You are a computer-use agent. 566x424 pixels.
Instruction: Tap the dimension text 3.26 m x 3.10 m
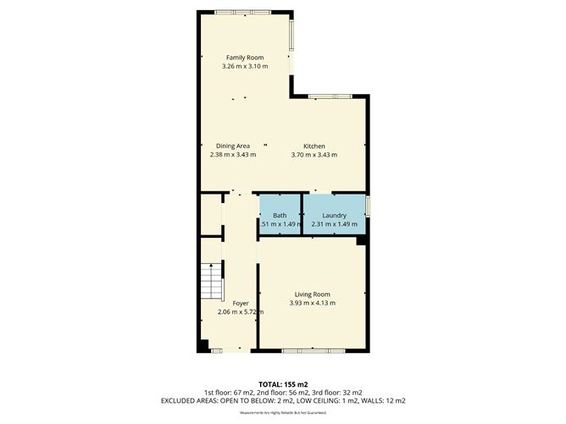click(x=244, y=66)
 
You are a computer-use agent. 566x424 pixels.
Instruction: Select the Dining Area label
click(x=232, y=146)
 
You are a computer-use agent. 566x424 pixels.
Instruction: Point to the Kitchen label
click(x=314, y=146)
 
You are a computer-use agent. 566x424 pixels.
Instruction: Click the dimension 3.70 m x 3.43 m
click(x=314, y=155)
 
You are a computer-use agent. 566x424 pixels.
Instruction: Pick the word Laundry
click(x=334, y=216)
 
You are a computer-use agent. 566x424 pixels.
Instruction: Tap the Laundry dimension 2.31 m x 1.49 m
click(x=334, y=224)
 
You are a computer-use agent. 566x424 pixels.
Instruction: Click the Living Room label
click(x=313, y=294)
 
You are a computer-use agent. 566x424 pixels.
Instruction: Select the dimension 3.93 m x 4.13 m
click(x=313, y=302)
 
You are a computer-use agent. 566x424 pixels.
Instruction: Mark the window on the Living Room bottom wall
click(x=314, y=350)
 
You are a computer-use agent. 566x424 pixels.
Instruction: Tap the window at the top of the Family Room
click(x=238, y=12)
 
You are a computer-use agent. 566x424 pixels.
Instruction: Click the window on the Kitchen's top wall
click(x=330, y=96)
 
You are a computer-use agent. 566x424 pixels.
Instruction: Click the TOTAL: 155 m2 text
click(x=282, y=383)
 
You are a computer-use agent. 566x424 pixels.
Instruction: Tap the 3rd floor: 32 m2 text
click(x=337, y=392)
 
